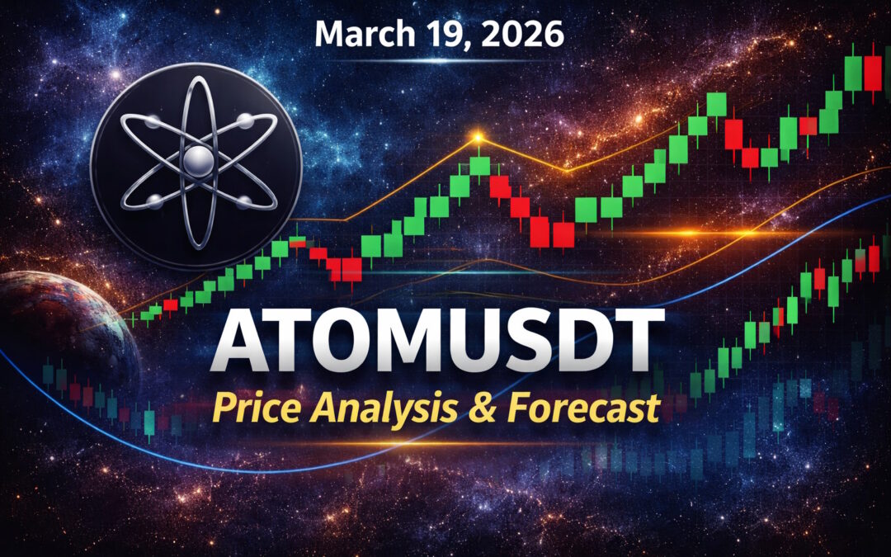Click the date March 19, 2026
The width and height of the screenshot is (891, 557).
pyautogui.click(x=440, y=33)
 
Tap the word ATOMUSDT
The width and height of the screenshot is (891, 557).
pyautogui.click(x=436, y=342)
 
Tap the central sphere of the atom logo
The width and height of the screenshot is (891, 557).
pyautogui.click(x=196, y=160)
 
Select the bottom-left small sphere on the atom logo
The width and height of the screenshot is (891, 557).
pyautogui.click(x=153, y=200)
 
